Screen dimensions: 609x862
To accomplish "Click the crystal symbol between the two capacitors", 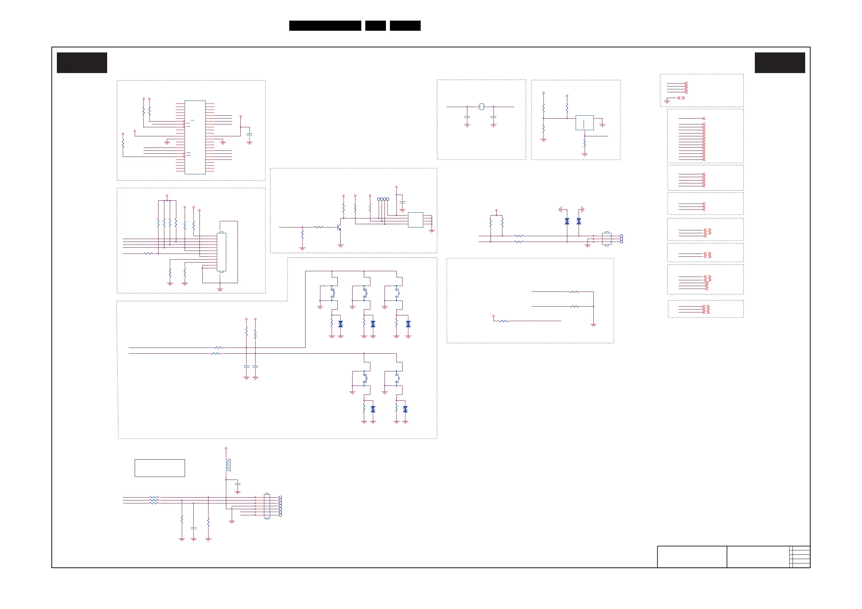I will [x=481, y=107].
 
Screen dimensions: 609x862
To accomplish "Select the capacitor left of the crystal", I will [x=467, y=117].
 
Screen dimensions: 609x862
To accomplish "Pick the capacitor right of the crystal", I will [x=493, y=117].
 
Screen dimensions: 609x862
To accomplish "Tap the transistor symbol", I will [x=339, y=227].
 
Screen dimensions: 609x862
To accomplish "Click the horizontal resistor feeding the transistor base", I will [x=318, y=227].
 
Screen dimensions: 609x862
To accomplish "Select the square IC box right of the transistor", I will [x=415, y=220].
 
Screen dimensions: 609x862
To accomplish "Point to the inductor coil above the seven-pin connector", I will [x=227, y=465].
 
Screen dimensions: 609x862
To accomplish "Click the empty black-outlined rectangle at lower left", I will [x=160, y=468].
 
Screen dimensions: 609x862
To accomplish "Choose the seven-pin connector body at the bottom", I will [x=267, y=506].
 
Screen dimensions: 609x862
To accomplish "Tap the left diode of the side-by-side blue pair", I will [x=567, y=222].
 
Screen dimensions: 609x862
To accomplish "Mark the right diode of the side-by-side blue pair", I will [x=579, y=222].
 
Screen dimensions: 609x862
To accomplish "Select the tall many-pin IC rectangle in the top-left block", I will [x=195, y=137].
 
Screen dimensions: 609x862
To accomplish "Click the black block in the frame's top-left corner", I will [x=82, y=63].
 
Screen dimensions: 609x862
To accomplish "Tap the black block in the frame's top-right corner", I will [x=780, y=63].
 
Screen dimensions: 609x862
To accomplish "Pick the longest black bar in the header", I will [x=325, y=26].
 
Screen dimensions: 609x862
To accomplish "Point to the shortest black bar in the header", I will [x=375, y=26].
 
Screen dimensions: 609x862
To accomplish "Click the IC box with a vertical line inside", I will [x=585, y=123].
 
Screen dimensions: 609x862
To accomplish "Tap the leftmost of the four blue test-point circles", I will [x=378, y=199].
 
